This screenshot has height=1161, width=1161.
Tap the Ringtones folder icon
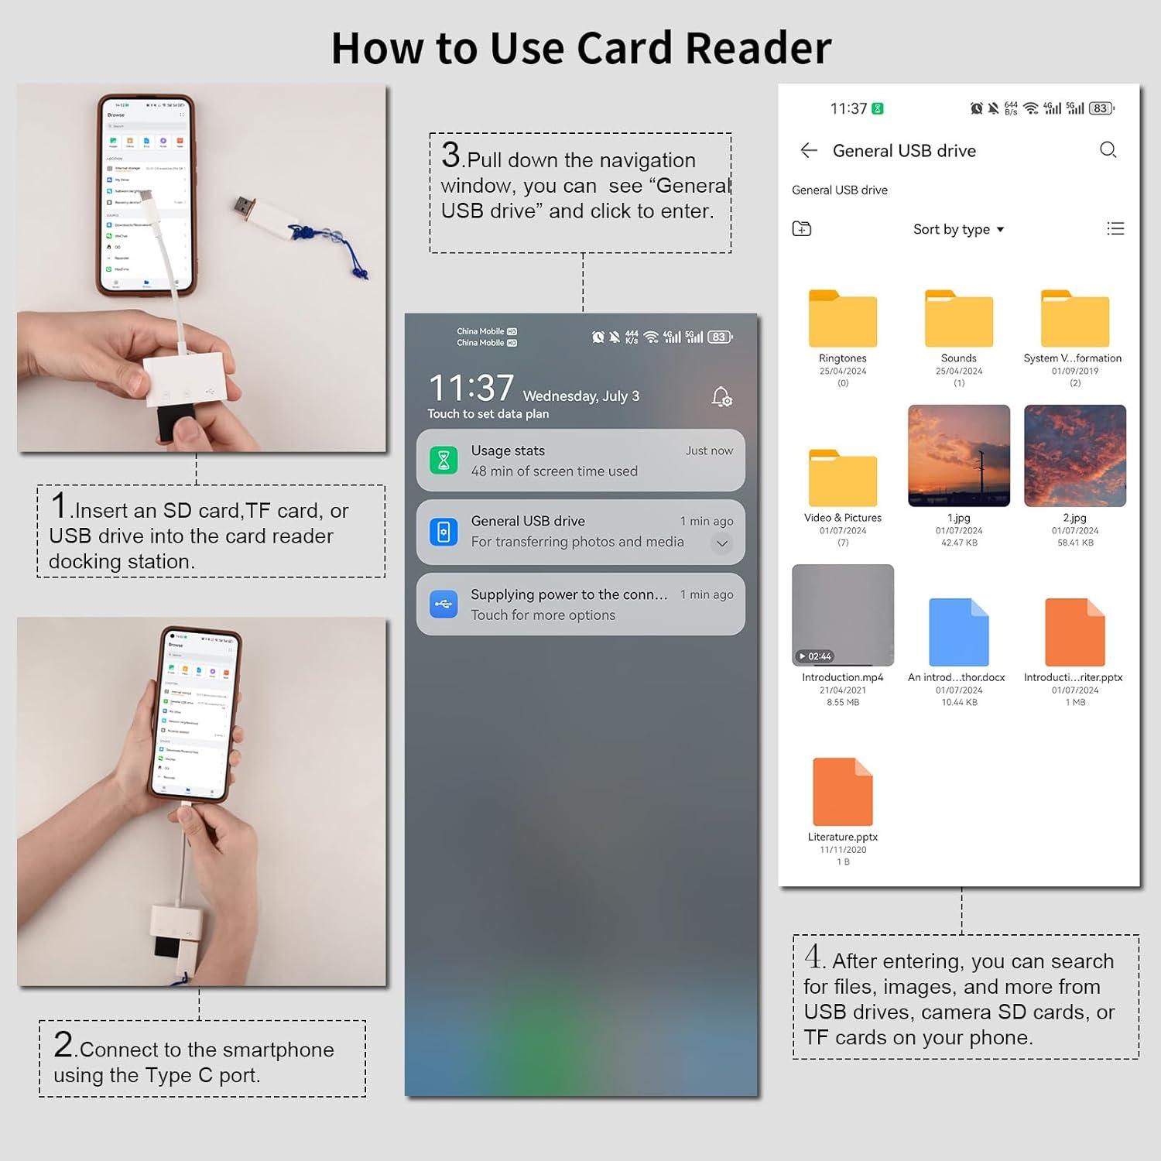[x=842, y=319]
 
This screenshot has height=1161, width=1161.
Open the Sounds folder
[x=958, y=319]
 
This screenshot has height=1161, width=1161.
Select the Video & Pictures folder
[x=842, y=478]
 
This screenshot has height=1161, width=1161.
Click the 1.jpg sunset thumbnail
[x=958, y=456]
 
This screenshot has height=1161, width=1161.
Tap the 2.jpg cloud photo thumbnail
[x=1074, y=456]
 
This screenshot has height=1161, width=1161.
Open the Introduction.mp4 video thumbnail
[x=842, y=615]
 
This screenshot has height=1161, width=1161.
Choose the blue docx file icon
[x=958, y=632]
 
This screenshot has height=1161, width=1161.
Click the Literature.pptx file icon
[x=842, y=792]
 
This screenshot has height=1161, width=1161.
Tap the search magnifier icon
[x=1108, y=150]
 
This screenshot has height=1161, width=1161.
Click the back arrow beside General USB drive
[x=809, y=150]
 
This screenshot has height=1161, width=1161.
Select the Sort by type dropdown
[x=957, y=229]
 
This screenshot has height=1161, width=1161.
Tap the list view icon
[x=1115, y=228]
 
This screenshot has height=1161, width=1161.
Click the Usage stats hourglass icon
[x=444, y=461]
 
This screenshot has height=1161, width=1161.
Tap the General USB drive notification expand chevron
[x=721, y=543]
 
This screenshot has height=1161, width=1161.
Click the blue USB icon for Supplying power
[x=444, y=604]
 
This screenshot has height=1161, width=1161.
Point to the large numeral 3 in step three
[x=450, y=155]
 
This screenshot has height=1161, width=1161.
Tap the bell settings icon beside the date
[x=721, y=397]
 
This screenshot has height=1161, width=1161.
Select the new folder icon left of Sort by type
[x=802, y=228]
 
